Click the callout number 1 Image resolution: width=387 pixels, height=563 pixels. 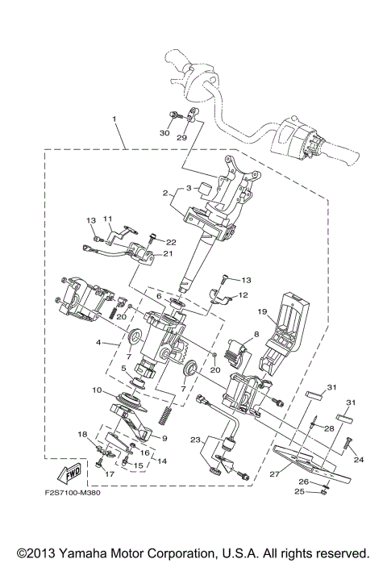tap(114, 119)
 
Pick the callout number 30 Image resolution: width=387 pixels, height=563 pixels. tap(165, 133)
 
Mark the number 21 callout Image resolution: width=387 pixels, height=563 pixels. tap(169, 254)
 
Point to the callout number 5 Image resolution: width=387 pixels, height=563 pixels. tap(123, 369)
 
